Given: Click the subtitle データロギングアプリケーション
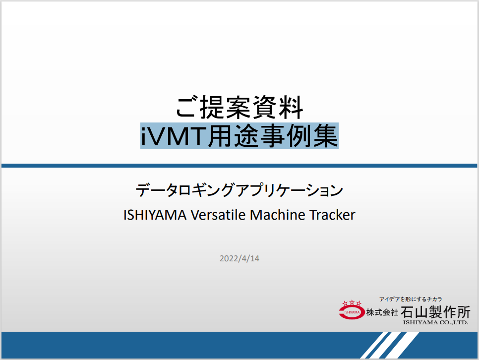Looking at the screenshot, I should pyautogui.click(x=239, y=190).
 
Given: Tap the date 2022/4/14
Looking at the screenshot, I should pyautogui.click(x=239, y=259).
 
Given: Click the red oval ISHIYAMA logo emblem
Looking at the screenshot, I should pyautogui.click(x=352, y=312).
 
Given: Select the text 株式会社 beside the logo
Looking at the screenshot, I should pyautogui.click(x=382, y=312).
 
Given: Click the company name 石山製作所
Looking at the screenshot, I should pyautogui.click(x=435, y=312).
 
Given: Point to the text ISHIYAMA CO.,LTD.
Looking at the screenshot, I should pyautogui.click(x=435, y=323).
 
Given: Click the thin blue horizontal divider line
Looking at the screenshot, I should pyautogui.click(x=239, y=165).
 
